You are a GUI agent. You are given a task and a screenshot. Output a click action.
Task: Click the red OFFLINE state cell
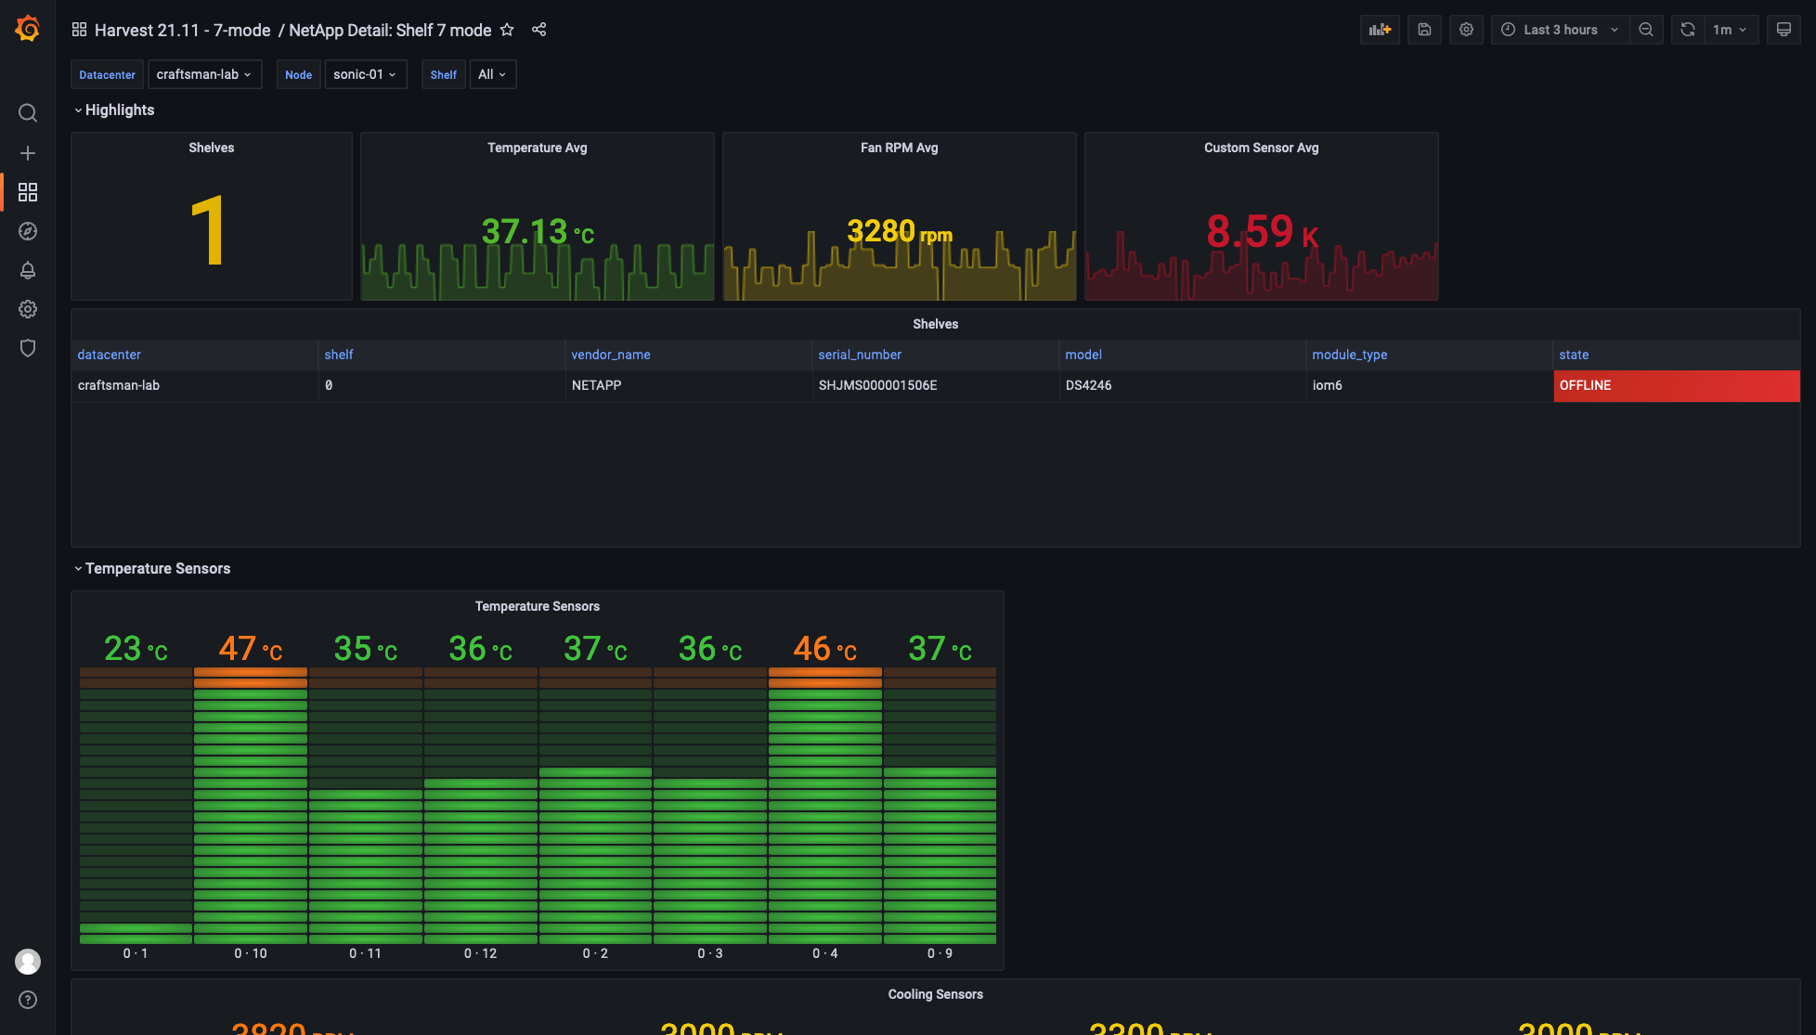pyautogui.click(x=1676, y=385)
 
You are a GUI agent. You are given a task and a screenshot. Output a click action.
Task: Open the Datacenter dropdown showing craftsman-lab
pyautogui.click(x=204, y=74)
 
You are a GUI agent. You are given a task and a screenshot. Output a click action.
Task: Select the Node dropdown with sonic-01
pyautogui.click(x=365, y=74)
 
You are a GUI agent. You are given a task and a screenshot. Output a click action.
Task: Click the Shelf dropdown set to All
pyautogui.click(x=492, y=74)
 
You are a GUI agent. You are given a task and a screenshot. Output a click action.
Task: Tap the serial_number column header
pyautogui.click(x=860, y=355)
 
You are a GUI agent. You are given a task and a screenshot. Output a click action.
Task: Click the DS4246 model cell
pyautogui.click(x=1088, y=385)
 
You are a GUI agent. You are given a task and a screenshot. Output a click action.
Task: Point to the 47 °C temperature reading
pyautogui.click(x=250, y=649)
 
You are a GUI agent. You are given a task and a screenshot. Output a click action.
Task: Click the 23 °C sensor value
pyautogui.click(x=136, y=649)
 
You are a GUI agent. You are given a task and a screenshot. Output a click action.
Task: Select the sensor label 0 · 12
pyautogui.click(x=480, y=953)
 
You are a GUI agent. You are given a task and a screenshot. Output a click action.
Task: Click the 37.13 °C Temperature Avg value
pyautogui.click(x=537, y=231)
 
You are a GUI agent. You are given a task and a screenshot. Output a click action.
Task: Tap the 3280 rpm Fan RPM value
pyautogui.click(x=899, y=231)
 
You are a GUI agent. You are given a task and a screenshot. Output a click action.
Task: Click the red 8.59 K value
pyautogui.click(x=1261, y=231)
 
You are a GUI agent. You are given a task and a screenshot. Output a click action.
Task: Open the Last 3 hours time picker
pyautogui.click(x=1560, y=30)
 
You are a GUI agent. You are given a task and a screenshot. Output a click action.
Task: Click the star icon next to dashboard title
pyautogui.click(x=507, y=30)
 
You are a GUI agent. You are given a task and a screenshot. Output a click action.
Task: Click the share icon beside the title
pyautogui.click(x=538, y=30)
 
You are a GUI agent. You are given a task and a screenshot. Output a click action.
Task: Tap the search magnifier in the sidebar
pyautogui.click(x=28, y=113)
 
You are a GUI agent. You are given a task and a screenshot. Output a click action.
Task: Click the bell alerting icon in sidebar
pyautogui.click(x=28, y=270)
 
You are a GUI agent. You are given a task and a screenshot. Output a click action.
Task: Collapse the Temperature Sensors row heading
pyautogui.click(x=157, y=568)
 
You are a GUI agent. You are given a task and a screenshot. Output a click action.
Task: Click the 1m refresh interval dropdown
pyautogui.click(x=1730, y=30)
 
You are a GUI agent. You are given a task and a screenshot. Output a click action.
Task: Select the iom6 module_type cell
pyautogui.click(x=1327, y=385)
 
